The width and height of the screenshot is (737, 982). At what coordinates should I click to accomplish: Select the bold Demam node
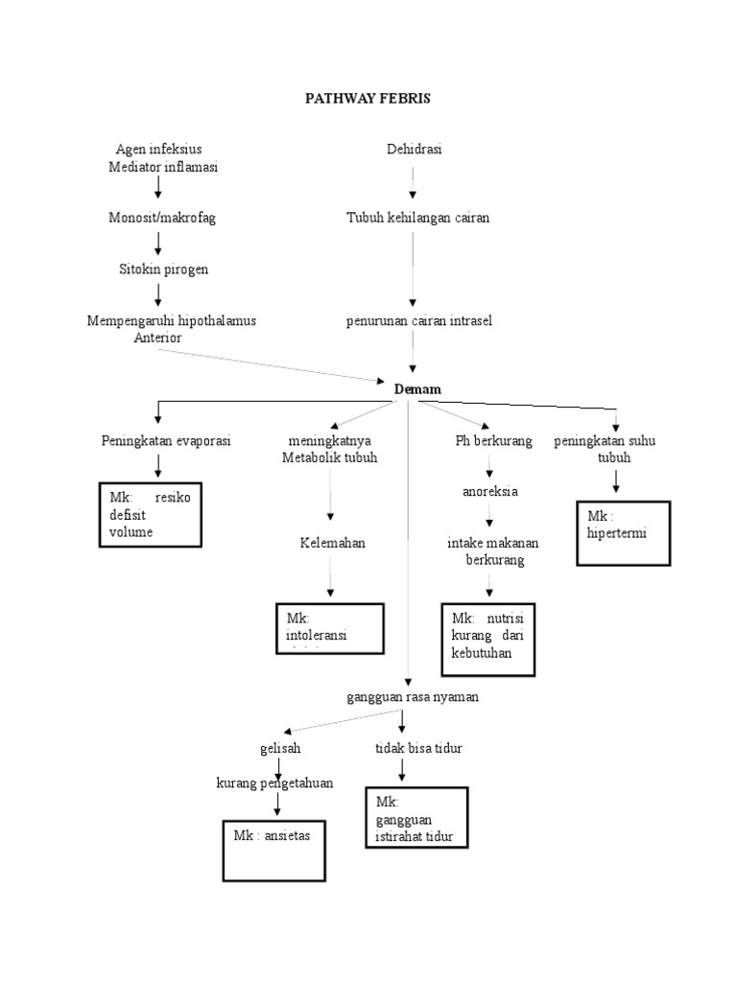[x=417, y=388]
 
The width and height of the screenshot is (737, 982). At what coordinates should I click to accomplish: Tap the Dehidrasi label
[x=414, y=149]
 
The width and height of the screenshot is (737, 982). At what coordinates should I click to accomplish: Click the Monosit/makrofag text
[x=162, y=218]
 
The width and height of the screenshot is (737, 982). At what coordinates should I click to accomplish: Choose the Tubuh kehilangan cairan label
[x=417, y=218]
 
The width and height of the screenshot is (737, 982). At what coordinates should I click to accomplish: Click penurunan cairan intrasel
[x=418, y=320]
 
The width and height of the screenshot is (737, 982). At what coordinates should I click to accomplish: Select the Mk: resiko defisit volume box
[x=150, y=516]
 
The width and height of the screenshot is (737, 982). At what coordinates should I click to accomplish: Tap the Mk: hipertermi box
[x=622, y=532]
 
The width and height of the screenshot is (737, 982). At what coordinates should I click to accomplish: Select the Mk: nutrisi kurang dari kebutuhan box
[x=487, y=639]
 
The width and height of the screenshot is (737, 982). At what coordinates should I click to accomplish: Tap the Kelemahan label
[x=331, y=543]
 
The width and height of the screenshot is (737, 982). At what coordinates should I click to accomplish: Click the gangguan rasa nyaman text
[x=413, y=697]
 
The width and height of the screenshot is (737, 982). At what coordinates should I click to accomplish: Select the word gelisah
[x=278, y=748]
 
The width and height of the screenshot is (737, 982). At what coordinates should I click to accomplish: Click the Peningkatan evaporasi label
[x=166, y=441]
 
